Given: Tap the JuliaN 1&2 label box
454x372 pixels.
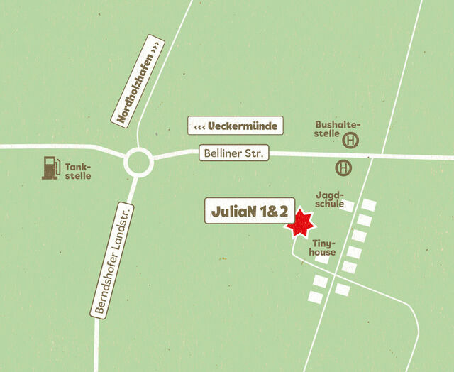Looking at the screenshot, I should [x=250, y=212].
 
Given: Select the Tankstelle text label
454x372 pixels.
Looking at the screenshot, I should [x=78, y=171].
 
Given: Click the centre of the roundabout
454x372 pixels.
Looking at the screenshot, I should [x=139, y=163].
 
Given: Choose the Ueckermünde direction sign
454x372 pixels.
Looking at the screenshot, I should [x=236, y=126].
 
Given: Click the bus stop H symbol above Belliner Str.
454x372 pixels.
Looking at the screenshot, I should [x=350, y=141].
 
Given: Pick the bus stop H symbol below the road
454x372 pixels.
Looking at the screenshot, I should [x=343, y=168].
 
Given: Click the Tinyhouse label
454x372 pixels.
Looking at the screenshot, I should [x=323, y=247].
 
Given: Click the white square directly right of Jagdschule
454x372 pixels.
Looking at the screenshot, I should [x=347, y=206].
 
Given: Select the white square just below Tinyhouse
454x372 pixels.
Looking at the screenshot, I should [x=322, y=260].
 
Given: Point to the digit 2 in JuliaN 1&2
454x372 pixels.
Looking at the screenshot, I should [x=282, y=212].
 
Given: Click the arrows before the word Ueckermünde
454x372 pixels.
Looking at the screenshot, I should [x=200, y=126].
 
